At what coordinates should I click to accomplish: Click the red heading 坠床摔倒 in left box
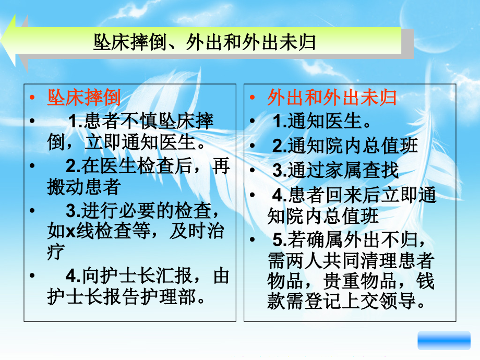[84, 98]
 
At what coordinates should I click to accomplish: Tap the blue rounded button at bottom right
[444, 340]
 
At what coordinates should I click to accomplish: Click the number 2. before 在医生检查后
[74, 166]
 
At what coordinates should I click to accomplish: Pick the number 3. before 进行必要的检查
[74, 212]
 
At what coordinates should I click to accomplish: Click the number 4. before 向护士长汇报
[74, 276]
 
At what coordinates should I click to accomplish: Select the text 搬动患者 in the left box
[84, 186]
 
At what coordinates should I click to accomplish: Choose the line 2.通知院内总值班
[345, 146]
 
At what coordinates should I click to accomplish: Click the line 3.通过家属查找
[335, 170]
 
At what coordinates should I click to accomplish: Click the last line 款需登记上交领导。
[349, 302]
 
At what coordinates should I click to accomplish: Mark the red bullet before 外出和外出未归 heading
[253, 98]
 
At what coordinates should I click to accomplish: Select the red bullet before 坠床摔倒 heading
[32, 98]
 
